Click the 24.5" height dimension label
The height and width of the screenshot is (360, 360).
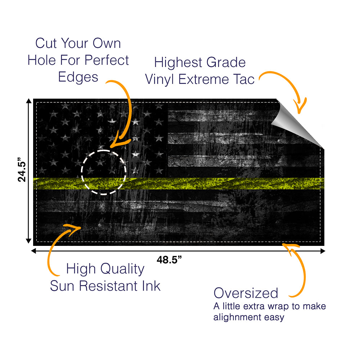[22, 170]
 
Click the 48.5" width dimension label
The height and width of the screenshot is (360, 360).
[169, 260]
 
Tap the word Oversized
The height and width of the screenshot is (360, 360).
[246, 293]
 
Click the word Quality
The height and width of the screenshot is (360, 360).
[122, 269]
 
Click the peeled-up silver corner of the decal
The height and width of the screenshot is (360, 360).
[296, 123]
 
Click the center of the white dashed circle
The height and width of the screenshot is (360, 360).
[104, 172]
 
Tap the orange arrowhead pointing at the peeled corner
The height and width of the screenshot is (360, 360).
[300, 107]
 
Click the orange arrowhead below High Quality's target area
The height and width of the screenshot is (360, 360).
[72, 229]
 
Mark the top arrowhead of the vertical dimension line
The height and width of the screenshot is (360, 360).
[29, 101]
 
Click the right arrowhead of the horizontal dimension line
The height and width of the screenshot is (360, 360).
[323, 251]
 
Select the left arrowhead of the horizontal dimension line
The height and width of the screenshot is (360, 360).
[33, 251]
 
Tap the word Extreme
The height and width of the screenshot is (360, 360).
[204, 80]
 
